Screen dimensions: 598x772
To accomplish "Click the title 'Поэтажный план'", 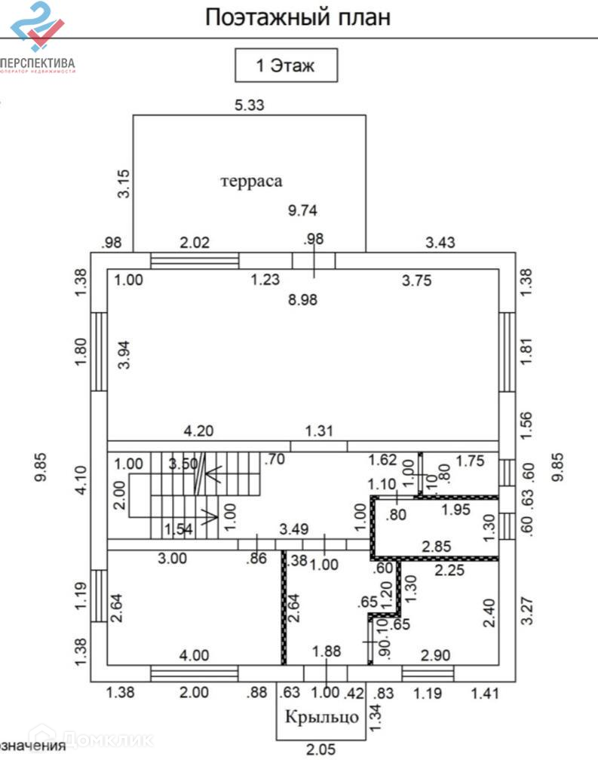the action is pyautogui.click(x=298, y=17).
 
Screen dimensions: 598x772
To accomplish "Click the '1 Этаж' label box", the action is pyautogui.click(x=286, y=66).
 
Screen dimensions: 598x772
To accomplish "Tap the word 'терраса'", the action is pyautogui.click(x=251, y=181).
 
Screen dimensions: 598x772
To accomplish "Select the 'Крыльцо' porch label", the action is pyautogui.click(x=321, y=716).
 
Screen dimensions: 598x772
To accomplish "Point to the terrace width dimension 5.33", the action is pyautogui.click(x=250, y=106).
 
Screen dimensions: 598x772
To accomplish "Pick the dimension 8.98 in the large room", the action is pyautogui.click(x=303, y=299).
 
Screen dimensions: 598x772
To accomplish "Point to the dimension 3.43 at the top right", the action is pyautogui.click(x=441, y=243).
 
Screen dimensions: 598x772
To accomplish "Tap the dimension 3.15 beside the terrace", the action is pyautogui.click(x=124, y=184).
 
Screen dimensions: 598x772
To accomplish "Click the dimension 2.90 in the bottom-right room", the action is pyautogui.click(x=437, y=656).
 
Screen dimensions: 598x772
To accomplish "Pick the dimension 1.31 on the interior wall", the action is pyautogui.click(x=319, y=432).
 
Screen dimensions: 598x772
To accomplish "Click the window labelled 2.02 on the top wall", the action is pyautogui.click(x=195, y=260).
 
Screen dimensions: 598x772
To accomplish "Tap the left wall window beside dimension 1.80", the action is pyautogui.click(x=99, y=351).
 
